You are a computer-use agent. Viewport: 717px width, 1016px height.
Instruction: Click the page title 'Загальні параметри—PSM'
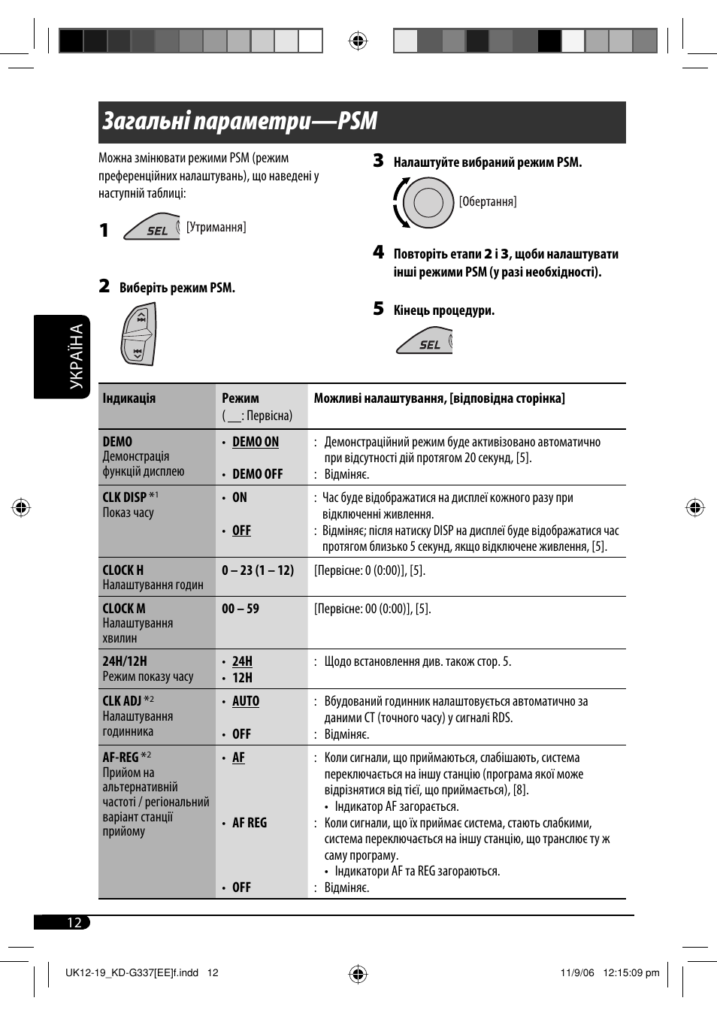click(x=240, y=122)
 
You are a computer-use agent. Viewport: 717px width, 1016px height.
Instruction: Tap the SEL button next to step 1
click(x=153, y=228)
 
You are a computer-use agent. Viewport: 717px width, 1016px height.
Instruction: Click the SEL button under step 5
click(x=425, y=342)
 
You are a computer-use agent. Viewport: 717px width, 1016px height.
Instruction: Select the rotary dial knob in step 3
click(x=427, y=203)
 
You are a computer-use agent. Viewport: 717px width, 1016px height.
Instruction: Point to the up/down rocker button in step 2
click(x=139, y=334)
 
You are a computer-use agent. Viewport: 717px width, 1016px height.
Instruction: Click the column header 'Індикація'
click(x=129, y=398)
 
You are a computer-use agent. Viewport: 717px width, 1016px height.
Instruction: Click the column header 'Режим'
click(x=241, y=398)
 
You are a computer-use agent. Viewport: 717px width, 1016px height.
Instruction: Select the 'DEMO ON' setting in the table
click(x=256, y=442)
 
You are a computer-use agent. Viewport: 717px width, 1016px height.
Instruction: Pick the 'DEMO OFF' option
click(x=257, y=474)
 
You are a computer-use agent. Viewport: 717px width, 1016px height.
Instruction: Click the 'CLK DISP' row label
click(x=125, y=497)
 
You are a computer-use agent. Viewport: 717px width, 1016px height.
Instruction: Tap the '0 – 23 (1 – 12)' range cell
click(x=258, y=570)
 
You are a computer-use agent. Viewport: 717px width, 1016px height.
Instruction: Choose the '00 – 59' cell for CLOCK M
click(x=241, y=609)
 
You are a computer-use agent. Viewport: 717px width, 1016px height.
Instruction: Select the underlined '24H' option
click(x=242, y=661)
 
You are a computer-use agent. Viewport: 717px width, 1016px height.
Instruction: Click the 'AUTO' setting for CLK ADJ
click(x=246, y=701)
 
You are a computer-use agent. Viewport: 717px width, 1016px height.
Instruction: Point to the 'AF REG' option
click(x=250, y=823)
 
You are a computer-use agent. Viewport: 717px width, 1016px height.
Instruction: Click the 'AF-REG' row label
click(x=121, y=757)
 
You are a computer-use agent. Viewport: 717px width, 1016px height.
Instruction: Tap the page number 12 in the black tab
click(x=74, y=923)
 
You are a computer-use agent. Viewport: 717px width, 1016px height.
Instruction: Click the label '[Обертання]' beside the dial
click(x=488, y=201)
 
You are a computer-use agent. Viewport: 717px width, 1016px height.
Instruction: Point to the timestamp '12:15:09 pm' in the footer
click(x=631, y=972)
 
